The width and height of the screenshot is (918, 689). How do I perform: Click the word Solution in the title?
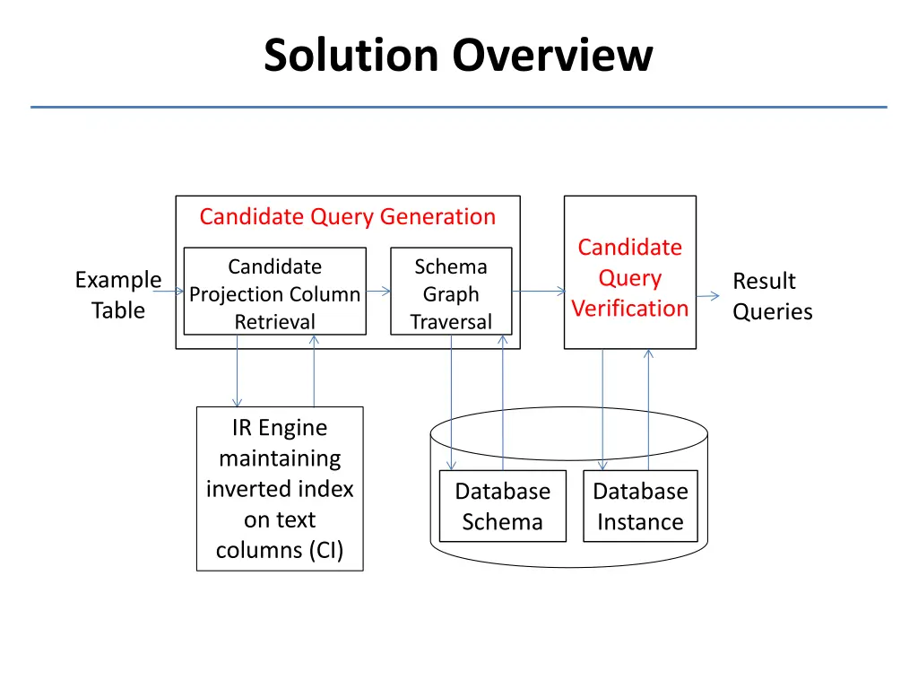pyautogui.click(x=351, y=55)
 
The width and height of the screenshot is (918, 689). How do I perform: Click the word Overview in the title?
pyautogui.click(x=552, y=55)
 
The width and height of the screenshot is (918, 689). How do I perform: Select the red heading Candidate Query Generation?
pyautogui.click(x=348, y=217)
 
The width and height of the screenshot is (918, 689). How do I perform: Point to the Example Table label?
pyautogui.click(x=118, y=294)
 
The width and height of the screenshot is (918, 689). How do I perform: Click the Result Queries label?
pyautogui.click(x=772, y=296)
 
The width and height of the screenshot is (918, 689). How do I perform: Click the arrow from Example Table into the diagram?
pyautogui.click(x=169, y=292)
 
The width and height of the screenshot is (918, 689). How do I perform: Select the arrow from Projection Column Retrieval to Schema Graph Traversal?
pyautogui.click(x=378, y=292)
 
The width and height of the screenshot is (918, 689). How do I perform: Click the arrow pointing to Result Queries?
pyautogui.click(x=708, y=296)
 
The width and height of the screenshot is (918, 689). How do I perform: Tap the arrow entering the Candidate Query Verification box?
pyautogui.click(x=539, y=292)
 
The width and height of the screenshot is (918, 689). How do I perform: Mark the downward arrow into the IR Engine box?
pyautogui.click(x=237, y=371)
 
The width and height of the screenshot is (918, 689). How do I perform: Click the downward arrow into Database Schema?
pyautogui.click(x=452, y=403)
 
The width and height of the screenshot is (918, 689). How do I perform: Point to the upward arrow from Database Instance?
pyautogui.click(x=649, y=409)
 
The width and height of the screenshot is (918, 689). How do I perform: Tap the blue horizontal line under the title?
pyautogui.click(x=459, y=108)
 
